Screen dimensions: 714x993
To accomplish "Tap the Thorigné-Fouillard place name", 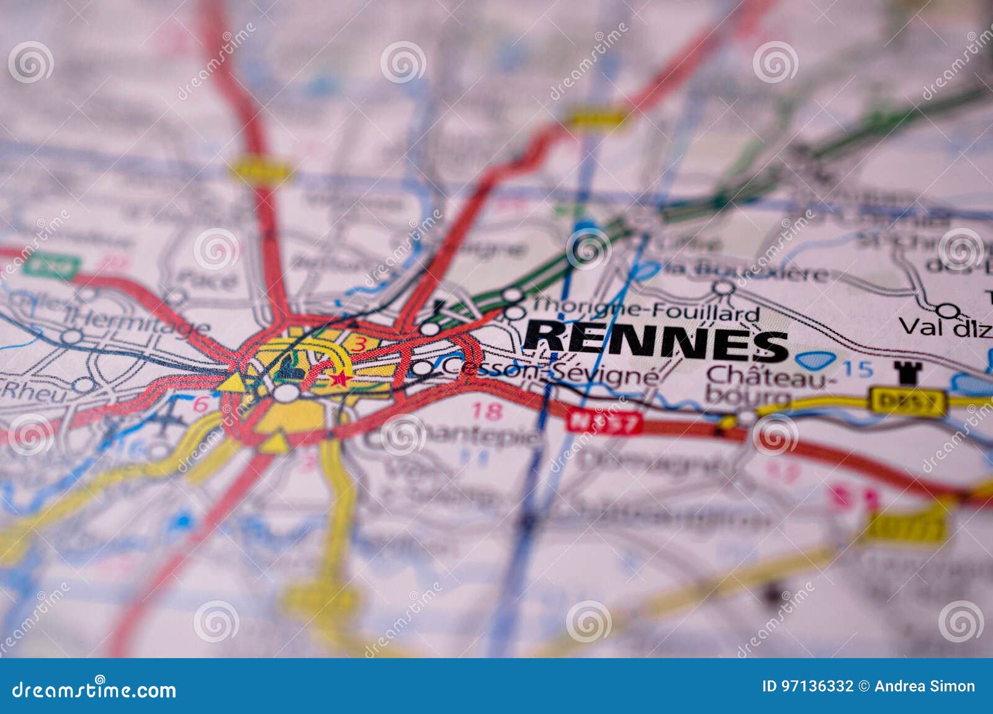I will click(x=645, y=309).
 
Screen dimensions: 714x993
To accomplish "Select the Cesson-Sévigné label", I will click(x=550, y=372).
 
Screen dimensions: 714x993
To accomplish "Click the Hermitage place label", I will click(x=137, y=323).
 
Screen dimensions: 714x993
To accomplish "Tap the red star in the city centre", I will click(x=339, y=378).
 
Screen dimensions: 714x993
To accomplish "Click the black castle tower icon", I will click(x=907, y=373).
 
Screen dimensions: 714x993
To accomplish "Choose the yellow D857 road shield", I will click(x=909, y=403).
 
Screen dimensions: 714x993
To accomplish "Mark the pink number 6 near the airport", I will click(x=200, y=404).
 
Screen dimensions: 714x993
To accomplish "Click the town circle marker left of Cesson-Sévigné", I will click(x=422, y=368).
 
